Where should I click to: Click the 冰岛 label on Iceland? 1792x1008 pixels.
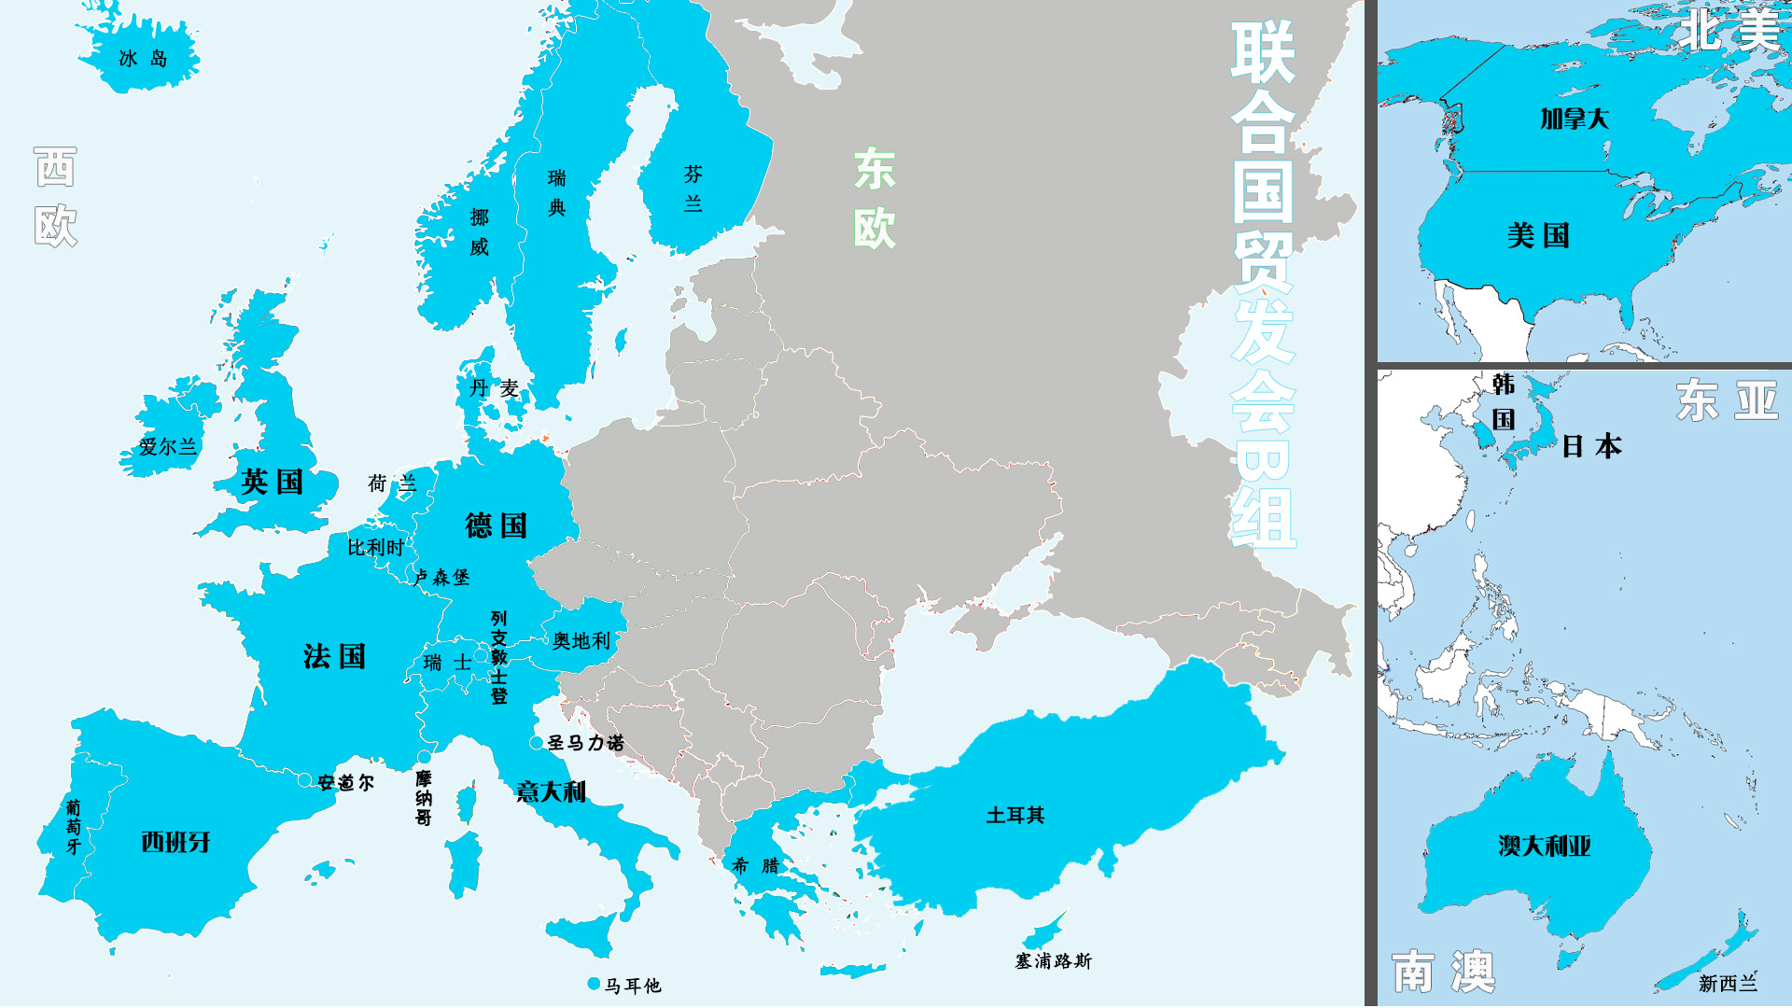click(x=143, y=59)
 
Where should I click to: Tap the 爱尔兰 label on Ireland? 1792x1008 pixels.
click(x=168, y=447)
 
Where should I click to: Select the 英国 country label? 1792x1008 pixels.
click(x=272, y=482)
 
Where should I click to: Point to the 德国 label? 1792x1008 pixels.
click(x=496, y=525)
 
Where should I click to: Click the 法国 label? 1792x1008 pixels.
click(x=334, y=656)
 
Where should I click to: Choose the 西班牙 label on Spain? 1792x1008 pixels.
click(x=175, y=842)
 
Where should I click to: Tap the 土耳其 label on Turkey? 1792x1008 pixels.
click(x=1015, y=816)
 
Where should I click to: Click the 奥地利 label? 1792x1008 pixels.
click(x=581, y=640)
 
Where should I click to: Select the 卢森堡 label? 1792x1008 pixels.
click(x=442, y=578)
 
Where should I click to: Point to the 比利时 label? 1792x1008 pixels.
click(x=375, y=548)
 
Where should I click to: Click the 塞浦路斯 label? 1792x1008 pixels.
click(x=1053, y=960)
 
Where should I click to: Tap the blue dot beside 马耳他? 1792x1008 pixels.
click(x=594, y=984)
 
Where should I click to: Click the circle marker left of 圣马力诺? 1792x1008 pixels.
click(x=536, y=743)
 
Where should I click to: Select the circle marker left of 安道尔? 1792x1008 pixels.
click(x=305, y=780)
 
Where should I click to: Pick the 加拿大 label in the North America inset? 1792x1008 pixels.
click(x=1575, y=119)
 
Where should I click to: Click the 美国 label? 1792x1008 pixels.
click(x=1538, y=235)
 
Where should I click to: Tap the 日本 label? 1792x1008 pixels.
click(x=1591, y=446)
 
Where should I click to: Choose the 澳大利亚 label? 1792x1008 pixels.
click(x=1544, y=846)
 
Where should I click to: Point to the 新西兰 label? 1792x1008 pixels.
click(x=1728, y=983)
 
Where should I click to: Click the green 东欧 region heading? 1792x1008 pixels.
click(x=875, y=199)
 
